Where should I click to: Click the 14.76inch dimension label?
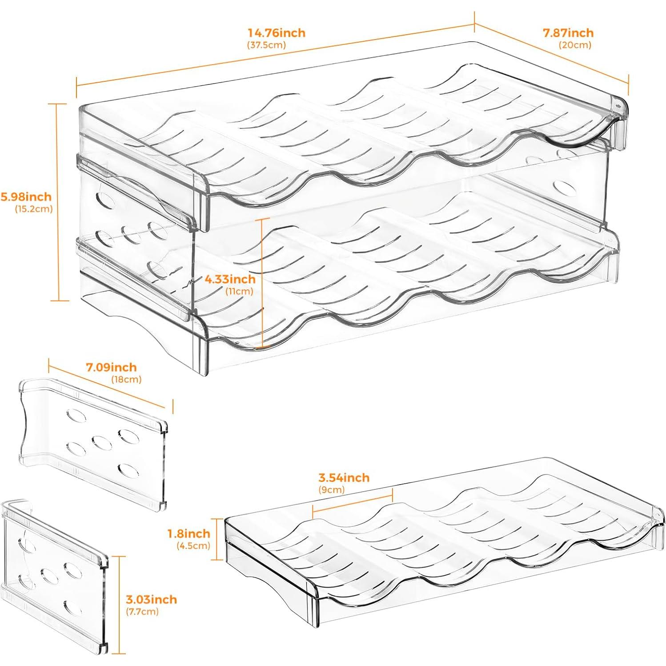(277, 33)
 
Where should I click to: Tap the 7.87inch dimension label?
(568, 32)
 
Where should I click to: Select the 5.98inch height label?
(26, 197)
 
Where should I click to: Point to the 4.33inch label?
(230, 279)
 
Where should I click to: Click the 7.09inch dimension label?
(111, 367)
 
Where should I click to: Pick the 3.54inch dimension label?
(344, 477)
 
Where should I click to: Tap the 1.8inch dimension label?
(189, 533)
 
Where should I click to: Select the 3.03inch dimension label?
(151, 599)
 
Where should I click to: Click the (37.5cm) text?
(266, 45)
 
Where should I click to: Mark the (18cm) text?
(126, 379)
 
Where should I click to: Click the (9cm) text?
(331, 490)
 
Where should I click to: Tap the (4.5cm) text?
(193, 546)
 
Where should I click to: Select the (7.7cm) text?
(142, 611)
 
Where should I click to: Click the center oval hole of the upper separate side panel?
(101, 441)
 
